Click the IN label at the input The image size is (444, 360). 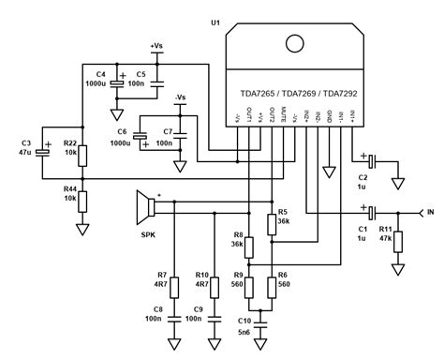(x=430, y=213)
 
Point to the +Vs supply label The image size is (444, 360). (x=156, y=45)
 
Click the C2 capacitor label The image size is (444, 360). (x=363, y=177)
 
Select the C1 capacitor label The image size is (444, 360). (x=363, y=230)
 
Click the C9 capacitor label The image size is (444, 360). (x=197, y=308)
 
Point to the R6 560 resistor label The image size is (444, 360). (x=284, y=277)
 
